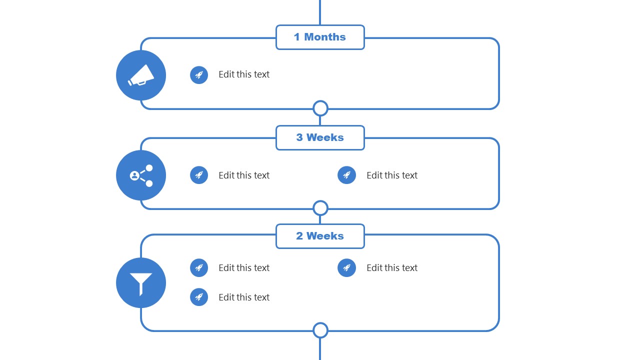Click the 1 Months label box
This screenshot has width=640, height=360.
pos(320,37)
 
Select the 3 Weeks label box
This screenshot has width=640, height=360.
pos(320,137)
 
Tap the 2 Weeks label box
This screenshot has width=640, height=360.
pos(320,236)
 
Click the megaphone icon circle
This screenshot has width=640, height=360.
pos(141,75)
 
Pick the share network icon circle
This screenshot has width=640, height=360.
pos(141,175)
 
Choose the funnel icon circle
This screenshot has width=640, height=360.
pos(141,283)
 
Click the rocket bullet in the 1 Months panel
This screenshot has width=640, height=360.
pos(199,75)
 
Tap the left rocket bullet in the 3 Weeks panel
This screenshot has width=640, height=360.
pos(199,175)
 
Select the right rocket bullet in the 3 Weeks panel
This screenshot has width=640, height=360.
pos(346,175)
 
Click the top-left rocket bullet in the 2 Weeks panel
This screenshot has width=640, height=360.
pos(199,267)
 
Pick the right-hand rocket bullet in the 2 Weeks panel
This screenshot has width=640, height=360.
pos(346,267)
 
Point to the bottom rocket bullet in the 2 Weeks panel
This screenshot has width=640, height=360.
pos(199,297)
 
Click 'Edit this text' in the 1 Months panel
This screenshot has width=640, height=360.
pos(244,74)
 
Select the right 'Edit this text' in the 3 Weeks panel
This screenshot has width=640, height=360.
pos(392,175)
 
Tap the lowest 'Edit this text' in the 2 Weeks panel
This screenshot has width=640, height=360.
pos(244,297)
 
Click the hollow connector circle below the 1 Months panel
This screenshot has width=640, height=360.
pos(320,108)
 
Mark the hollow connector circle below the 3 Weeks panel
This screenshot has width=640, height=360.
pos(320,208)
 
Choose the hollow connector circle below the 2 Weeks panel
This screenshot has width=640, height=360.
pos(320,330)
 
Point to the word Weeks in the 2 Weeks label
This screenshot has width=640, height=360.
pos(325,236)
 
